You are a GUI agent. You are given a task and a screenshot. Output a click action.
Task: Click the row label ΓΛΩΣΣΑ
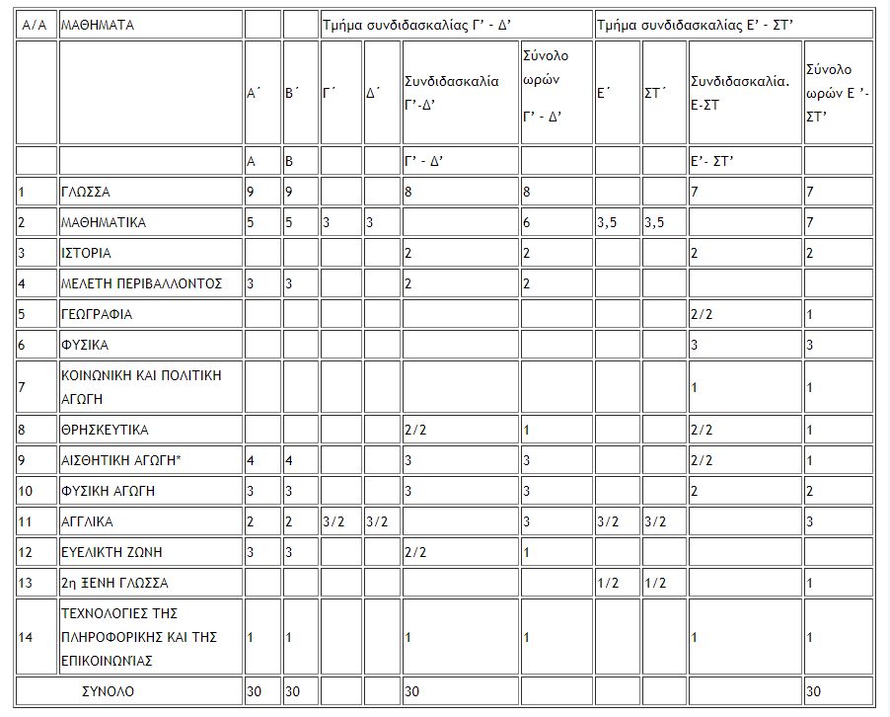(x=86, y=192)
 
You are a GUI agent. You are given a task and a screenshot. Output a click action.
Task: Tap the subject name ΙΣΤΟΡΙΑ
(x=86, y=253)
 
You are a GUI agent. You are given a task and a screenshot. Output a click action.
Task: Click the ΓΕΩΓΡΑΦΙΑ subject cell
(x=97, y=314)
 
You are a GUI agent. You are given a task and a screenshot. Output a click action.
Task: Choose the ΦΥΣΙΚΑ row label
(x=85, y=345)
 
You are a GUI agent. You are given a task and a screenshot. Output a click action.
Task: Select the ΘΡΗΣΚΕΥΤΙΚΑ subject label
(x=105, y=431)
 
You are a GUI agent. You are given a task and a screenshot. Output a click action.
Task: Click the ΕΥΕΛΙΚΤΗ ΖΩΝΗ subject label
(x=108, y=552)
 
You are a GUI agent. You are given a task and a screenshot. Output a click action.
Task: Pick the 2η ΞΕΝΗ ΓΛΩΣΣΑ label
(x=114, y=583)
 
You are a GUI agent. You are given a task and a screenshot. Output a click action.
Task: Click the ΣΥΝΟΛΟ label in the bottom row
(x=108, y=691)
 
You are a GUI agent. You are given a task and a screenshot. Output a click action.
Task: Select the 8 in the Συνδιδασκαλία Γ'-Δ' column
(x=408, y=192)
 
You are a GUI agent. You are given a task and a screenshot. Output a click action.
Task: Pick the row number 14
(x=26, y=637)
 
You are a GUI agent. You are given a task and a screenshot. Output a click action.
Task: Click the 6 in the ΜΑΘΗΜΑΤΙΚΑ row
(x=527, y=222)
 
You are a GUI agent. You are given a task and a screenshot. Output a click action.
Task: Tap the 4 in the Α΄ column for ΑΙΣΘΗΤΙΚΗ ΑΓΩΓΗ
(x=251, y=461)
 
